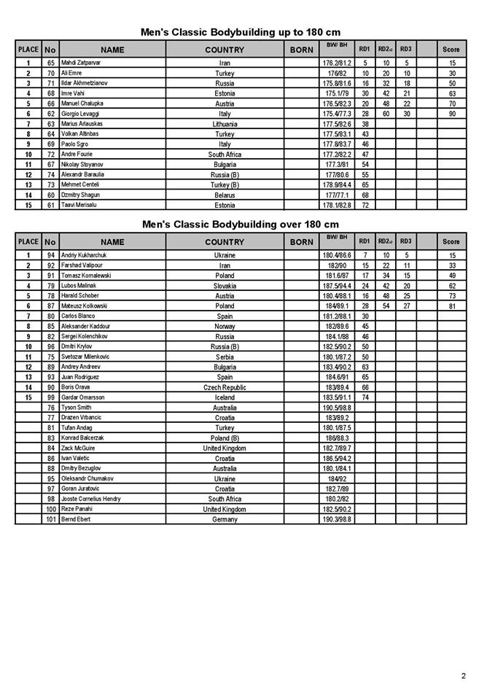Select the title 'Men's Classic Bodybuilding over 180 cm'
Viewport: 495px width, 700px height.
point(241,225)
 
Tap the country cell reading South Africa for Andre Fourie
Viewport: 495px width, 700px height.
point(225,155)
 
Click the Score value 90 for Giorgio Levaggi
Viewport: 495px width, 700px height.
point(452,114)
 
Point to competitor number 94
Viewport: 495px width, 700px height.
point(50,255)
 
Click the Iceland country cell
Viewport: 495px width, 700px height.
point(225,397)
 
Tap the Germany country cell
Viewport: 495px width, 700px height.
point(225,519)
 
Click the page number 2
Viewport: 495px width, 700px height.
point(463,676)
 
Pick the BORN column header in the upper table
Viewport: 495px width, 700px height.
point(302,50)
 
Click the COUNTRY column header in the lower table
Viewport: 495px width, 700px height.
point(225,242)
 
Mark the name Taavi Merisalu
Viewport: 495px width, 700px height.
point(80,205)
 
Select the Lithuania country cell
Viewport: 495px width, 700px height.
point(225,124)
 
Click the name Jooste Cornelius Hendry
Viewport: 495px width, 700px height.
point(91,499)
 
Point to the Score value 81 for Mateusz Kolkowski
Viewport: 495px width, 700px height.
point(452,306)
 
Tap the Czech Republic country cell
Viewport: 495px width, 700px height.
point(225,387)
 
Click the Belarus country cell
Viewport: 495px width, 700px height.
point(225,195)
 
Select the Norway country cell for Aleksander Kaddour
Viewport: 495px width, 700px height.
point(225,327)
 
